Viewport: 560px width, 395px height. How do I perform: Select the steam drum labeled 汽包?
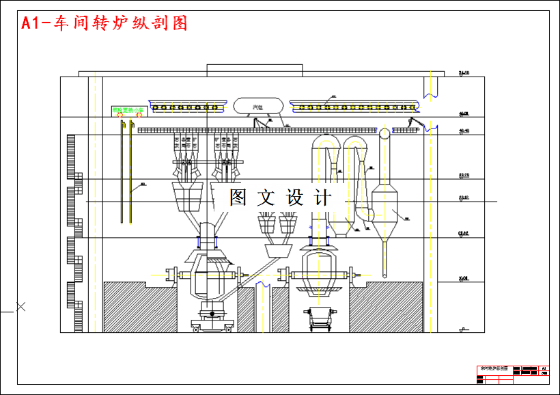click(258, 106)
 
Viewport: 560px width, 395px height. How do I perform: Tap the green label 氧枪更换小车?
click(128, 109)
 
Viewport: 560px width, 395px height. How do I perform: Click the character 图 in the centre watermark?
click(238, 198)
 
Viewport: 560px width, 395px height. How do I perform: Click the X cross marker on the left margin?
click(20, 307)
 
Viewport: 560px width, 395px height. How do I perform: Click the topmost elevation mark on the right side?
click(463, 73)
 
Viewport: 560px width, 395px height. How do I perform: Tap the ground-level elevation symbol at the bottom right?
click(463, 329)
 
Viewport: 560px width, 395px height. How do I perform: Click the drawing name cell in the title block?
click(494, 368)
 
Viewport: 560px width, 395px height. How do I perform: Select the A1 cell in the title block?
click(544, 368)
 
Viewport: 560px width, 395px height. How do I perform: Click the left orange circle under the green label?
click(121, 115)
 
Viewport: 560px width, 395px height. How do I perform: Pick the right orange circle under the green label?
click(139, 115)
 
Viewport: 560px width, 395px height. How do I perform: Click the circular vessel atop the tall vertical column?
click(384, 133)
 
